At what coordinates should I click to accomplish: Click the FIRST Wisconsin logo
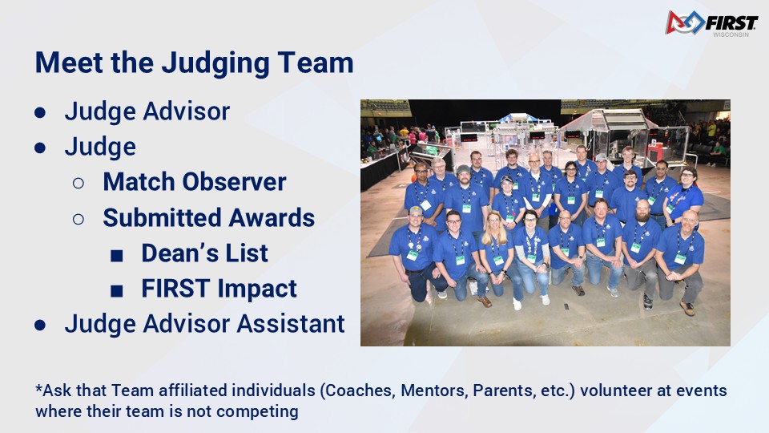pyautogui.click(x=711, y=23)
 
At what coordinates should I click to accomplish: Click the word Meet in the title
pyautogui.click(x=69, y=63)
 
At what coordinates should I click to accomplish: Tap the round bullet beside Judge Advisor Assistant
pyautogui.click(x=40, y=325)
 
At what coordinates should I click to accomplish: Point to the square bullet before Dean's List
pyautogui.click(x=117, y=255)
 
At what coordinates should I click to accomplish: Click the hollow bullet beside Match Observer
pyautogui.click(x=78, y=183)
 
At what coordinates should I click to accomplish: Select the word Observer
pyautogui.click(x=234, y=182)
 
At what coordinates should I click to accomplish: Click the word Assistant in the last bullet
pyautogui.click(x=291, y=323)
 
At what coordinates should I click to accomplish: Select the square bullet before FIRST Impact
pyautogui.click(x=117, y=291)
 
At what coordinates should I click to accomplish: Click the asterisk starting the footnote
pyautogui.click(x=38, y=388)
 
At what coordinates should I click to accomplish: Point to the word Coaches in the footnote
pyautogui.click(x=360, y=391)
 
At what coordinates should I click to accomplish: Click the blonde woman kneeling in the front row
pyautogui.click(x=499, y=255)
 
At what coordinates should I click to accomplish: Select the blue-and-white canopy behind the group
pyautogui.click(x=518, y=118)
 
